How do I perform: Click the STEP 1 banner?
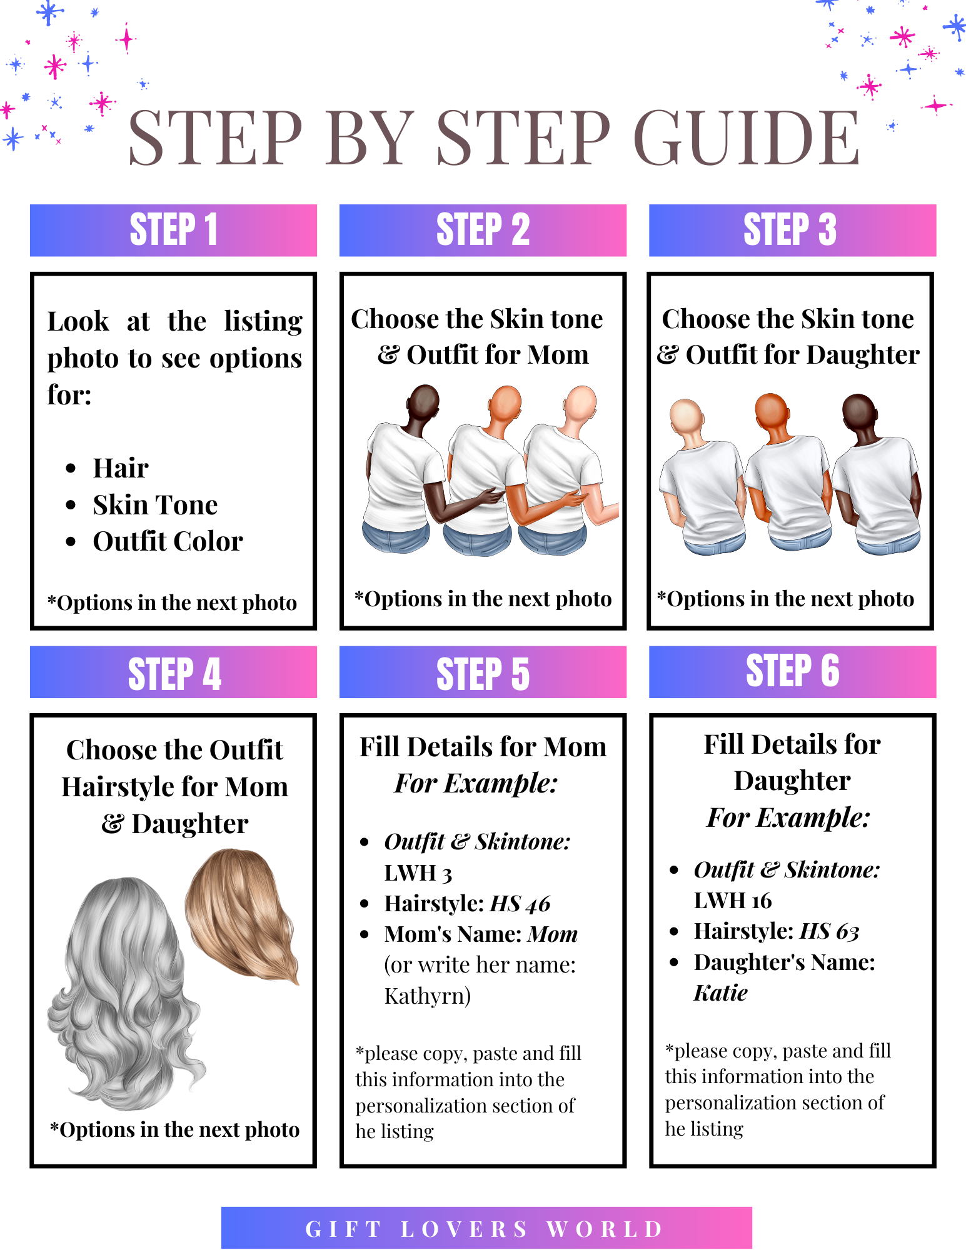(173, 230)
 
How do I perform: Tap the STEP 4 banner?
(173, 672)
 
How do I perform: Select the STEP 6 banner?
(792, 672)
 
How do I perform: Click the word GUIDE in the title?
(747, 137)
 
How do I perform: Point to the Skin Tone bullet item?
(155, 505)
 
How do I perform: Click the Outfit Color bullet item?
(168, 541)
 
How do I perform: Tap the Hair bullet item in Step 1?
(121, 468)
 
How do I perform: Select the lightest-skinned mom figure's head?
(581, 405)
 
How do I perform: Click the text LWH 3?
(418, 873)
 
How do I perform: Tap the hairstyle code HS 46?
(520, 904)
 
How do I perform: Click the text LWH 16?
(733, 901)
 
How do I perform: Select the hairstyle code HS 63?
(830, 931)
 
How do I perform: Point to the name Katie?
(720, 993)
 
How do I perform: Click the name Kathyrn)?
(428, 996)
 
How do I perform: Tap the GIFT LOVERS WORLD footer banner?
(486, 1228)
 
